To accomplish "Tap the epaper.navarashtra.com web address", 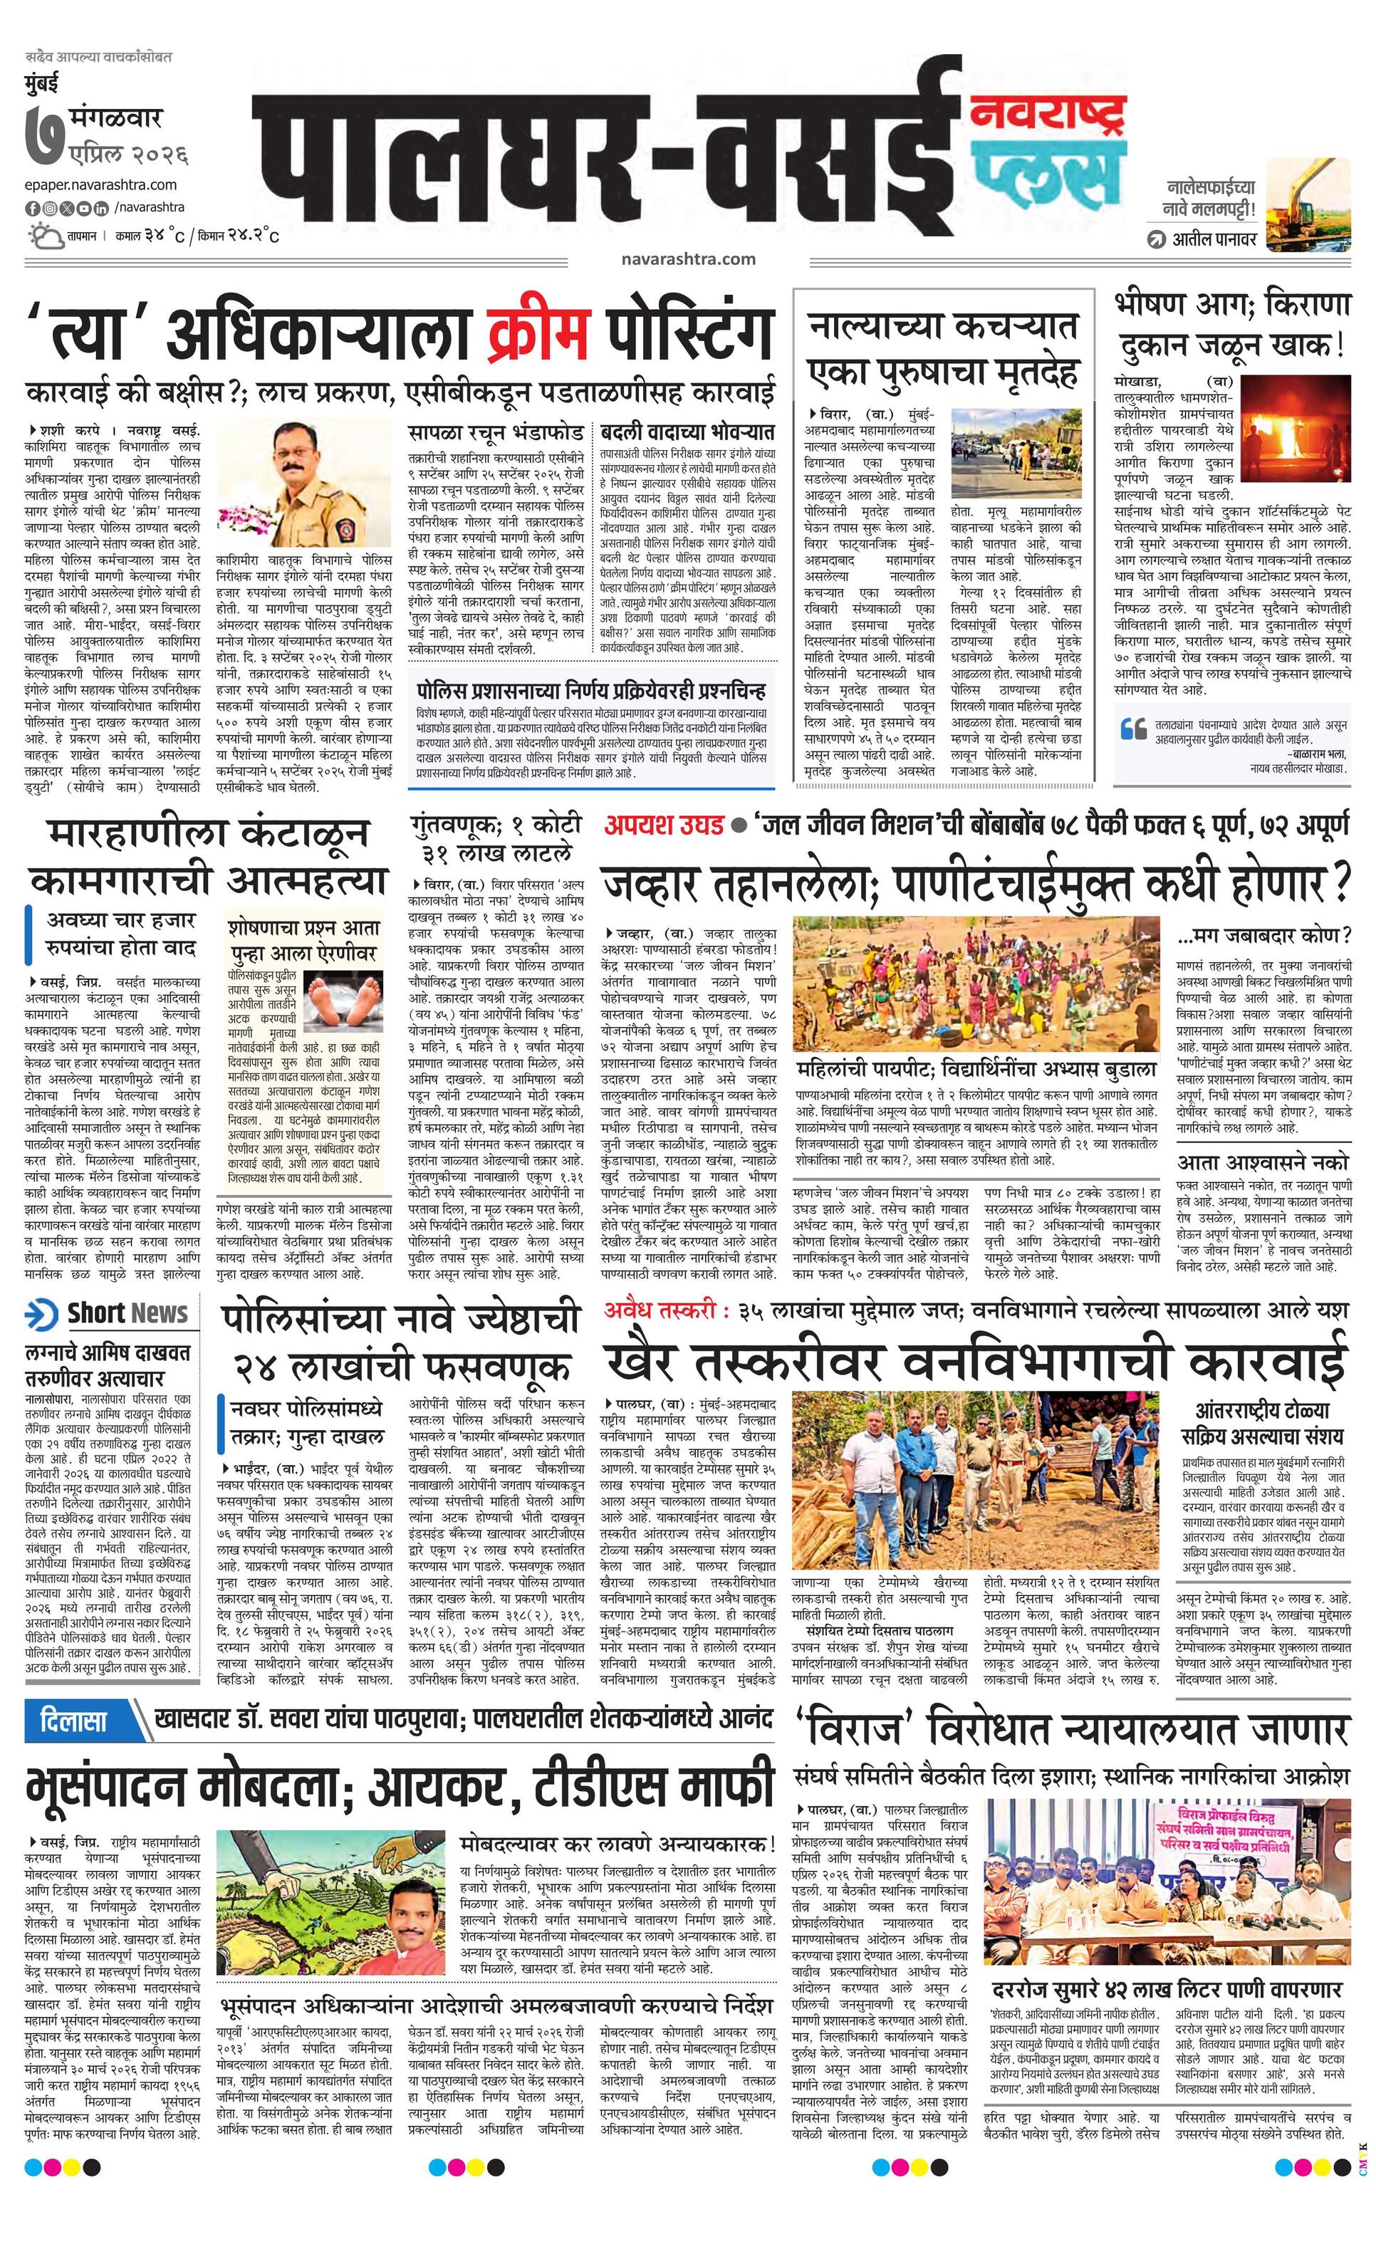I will point(101,184).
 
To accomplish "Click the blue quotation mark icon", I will point(1134,729).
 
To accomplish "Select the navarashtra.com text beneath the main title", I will point(687,259).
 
